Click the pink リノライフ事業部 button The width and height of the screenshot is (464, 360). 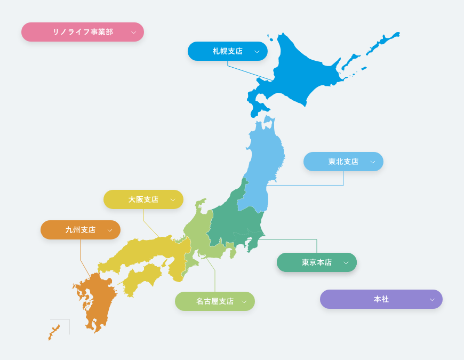coord(83,32)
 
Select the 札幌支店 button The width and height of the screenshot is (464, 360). coord(228,51)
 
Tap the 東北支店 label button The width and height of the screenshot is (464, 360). coord(343,162)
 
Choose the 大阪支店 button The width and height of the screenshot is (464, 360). coord(143,199)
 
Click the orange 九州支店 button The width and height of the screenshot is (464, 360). coord(81,230)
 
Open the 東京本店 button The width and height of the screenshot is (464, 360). coord(317,262)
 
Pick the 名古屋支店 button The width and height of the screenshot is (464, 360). coord(215,301)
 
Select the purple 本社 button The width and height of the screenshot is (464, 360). coord(381,299)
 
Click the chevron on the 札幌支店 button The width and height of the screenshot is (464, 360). coord(257,52)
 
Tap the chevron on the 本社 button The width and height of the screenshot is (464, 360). coord(432,300)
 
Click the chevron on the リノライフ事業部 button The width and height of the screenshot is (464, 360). coord(133,33)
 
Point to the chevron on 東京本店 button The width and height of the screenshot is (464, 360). coord(346,263)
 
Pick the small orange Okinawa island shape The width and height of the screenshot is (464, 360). coord(54,332)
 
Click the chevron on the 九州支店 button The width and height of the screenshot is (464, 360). coord(110,230)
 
